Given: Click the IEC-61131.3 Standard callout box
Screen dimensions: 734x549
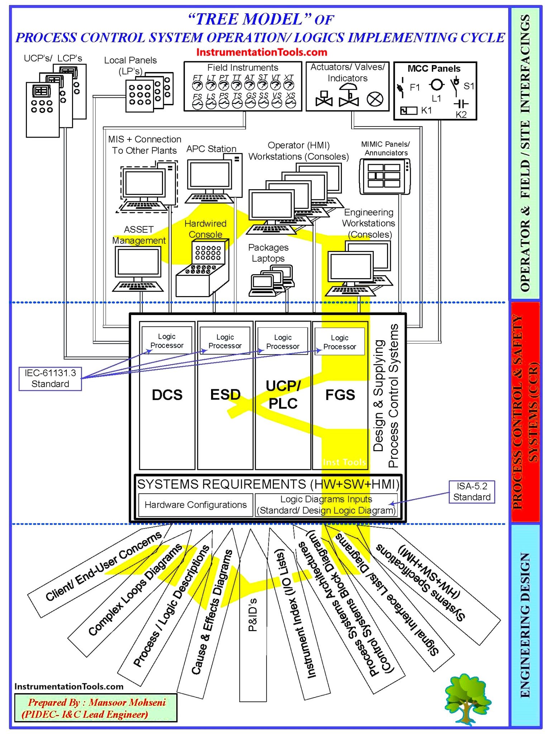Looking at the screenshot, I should [x=50, y=378].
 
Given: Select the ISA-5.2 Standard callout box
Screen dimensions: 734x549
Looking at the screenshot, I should [x=472, y=492].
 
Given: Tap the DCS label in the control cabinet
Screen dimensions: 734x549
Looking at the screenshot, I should [x=167, y=395].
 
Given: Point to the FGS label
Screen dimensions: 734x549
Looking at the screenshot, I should [x=340, y=395].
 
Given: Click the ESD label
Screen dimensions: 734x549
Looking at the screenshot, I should [x=225, y=395].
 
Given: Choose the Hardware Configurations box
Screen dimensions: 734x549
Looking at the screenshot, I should [x=196, y=505].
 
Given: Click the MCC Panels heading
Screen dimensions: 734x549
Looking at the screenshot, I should [x=434, y=68].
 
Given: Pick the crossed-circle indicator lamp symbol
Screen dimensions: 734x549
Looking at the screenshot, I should [x=375, y=99].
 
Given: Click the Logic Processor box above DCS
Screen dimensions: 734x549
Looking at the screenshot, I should [x=167, y=341].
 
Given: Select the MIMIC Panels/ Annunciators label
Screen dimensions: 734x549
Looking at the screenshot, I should [x=386, y=148].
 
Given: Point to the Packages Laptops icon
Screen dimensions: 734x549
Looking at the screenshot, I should [x=272, y=281].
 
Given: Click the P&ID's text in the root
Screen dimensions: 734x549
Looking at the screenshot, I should [x=253, y=615].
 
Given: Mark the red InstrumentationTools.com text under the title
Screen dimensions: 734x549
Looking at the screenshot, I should [x=262, y=52].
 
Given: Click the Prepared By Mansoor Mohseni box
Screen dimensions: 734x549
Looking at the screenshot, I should [x=96, y=708].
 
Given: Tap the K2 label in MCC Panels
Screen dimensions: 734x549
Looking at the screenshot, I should [x=461, y=114].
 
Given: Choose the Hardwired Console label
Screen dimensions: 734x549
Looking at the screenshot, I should [x=205, y=229].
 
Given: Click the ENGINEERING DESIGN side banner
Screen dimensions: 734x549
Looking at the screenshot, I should [x=525, y=625].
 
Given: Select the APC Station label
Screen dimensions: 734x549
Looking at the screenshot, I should [x=211, y=149].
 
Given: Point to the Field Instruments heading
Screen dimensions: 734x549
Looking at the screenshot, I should [x=243, y=67].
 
